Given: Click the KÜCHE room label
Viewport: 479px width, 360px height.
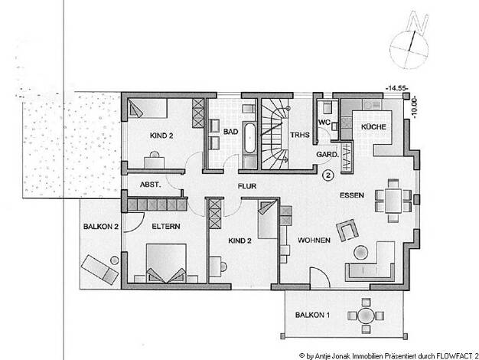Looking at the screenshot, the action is [x=373, y=126].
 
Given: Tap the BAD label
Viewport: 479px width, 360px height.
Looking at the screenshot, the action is [x=230, y=132].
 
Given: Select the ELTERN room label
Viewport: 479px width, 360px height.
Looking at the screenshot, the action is [x=166, y=227].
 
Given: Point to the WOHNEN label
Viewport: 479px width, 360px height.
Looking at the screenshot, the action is [x=314, y=241].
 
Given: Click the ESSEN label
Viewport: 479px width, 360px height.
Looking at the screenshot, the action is [x=352, y=195].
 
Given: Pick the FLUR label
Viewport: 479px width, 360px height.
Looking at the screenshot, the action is [x=247, y=186].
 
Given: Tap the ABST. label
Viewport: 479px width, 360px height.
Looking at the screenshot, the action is [x=150, y=185].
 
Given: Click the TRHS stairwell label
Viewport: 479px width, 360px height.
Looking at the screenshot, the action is [x=300, y=135].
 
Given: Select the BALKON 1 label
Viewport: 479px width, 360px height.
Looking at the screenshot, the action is [x=312, y=315].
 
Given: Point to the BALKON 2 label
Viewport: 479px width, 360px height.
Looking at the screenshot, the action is [x=101, y=227].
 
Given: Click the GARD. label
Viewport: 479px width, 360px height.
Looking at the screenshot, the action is [x=327, y=155].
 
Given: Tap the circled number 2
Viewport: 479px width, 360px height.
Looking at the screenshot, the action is [x=328, y=175].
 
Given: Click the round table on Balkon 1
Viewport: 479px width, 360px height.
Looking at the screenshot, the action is [x=366, y=316].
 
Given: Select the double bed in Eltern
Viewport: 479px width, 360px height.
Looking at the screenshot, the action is [x=166, y=263].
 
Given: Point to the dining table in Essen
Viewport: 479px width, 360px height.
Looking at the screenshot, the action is [x=393, y=201].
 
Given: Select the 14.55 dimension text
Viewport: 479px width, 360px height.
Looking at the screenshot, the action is [x=397, y=88].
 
